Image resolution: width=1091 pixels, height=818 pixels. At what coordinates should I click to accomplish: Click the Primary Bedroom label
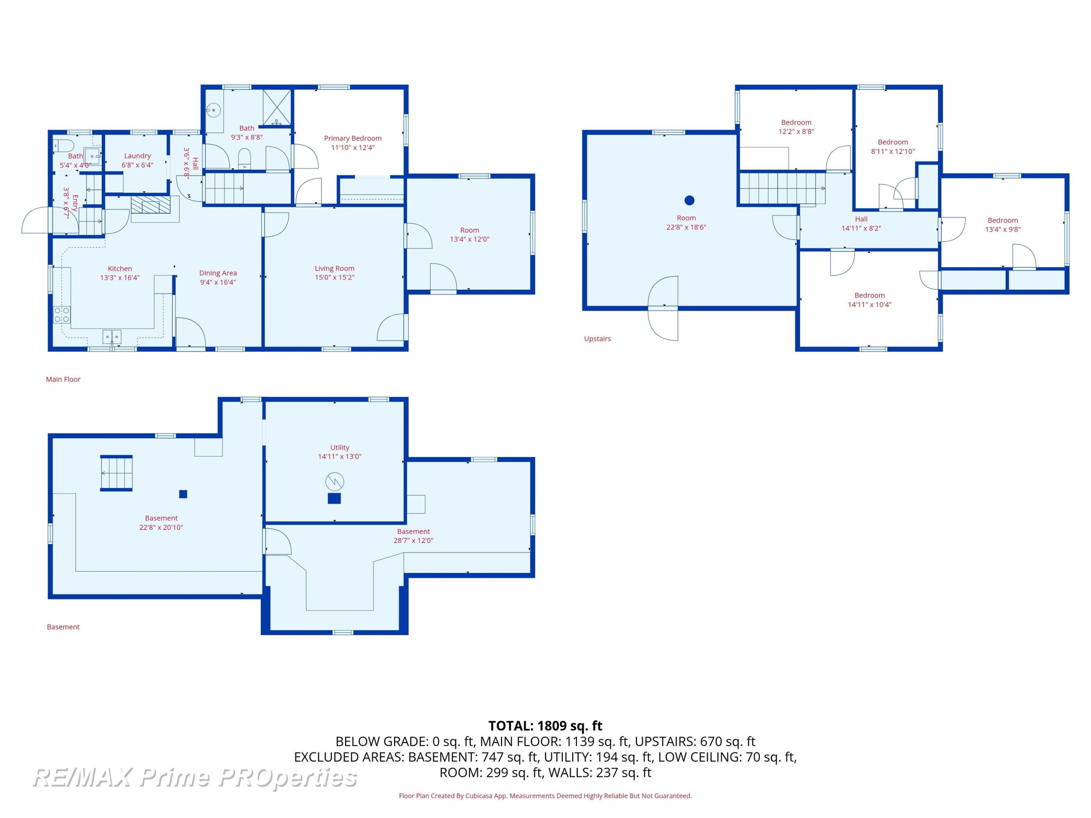(x=353, y=138)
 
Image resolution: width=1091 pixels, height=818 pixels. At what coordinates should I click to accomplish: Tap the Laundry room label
(x=137, y=156)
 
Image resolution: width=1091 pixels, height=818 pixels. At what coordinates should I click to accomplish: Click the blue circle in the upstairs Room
(x=690, y=200)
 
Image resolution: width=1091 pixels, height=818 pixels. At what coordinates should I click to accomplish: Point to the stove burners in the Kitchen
(x=62, y=314)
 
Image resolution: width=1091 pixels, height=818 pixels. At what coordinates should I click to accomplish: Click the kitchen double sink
(x=112, y=337)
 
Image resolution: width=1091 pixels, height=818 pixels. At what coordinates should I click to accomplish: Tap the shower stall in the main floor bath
(x=277, y=108)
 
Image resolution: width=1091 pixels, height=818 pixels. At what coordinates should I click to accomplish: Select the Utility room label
(x=340, y=448)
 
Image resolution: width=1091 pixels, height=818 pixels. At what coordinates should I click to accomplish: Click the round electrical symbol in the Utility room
(x=335, y=482)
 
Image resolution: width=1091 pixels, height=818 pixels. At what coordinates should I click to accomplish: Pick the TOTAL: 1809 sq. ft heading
(x=545, y=726)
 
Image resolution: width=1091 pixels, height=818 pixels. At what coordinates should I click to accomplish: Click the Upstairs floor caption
(x=597, y=339)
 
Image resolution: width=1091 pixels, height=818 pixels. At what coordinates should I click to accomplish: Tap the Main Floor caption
(x=63, y=379)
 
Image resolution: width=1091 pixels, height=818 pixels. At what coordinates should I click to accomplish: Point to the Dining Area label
(x=218, y=273)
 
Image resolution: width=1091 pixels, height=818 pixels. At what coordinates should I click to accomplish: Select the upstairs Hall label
(x=861, y=219)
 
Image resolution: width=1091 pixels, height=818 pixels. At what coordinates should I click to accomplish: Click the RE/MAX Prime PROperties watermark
(x=195, y=778)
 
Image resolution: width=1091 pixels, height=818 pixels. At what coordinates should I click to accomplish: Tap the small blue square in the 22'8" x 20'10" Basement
(x=183, y=494)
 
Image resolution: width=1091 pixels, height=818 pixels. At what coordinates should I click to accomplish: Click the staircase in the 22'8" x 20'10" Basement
(x=116, y=473)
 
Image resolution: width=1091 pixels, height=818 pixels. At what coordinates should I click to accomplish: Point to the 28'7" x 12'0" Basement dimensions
(x=413, y=540)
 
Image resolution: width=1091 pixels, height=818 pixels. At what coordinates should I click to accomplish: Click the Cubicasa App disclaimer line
(x=545, y=796)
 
